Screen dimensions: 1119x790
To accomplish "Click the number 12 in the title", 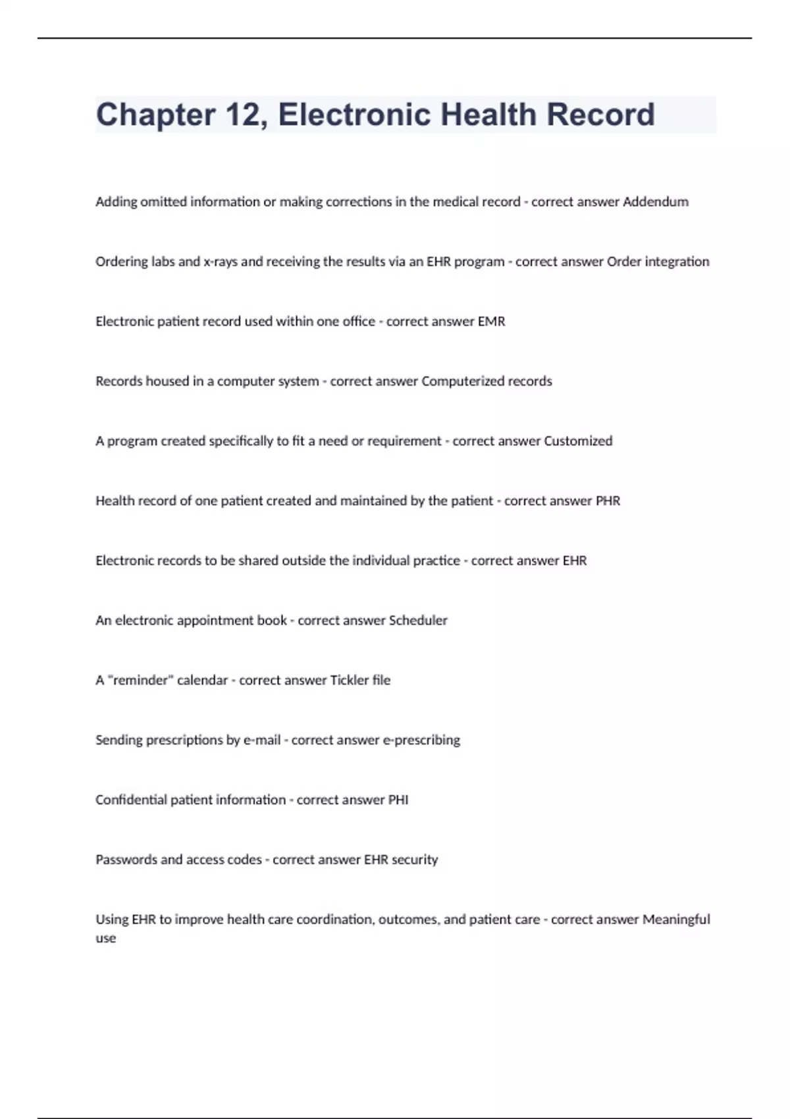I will [x=245, y=115].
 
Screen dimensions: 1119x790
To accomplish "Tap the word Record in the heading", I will [x=600, y=115].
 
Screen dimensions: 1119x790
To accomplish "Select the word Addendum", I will [x=655, y=202].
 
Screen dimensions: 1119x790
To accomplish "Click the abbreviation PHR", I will [x=608, y=501].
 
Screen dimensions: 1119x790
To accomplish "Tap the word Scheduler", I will [x=418, y=621].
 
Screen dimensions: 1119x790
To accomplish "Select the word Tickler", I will [x=349, y=681].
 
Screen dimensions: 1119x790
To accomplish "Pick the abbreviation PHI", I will [x=398, y=800].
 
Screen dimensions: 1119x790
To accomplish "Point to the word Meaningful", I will [x=676, y=920].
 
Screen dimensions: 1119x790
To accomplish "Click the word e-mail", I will [x=262, y=741].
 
